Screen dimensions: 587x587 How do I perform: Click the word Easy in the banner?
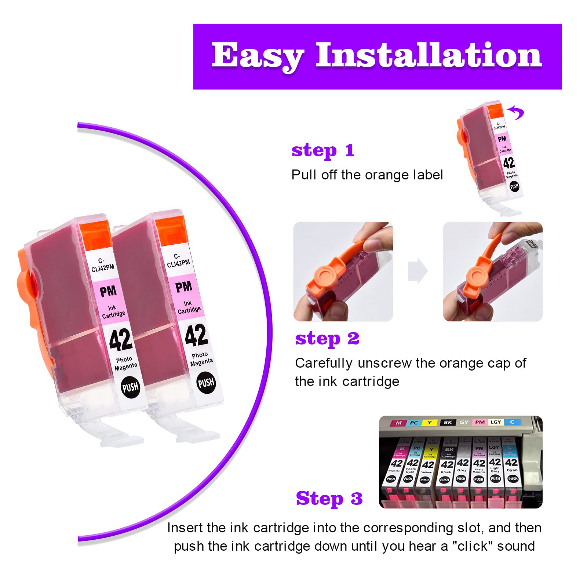[x=257, y=56]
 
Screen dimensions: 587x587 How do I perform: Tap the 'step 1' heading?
[x=323, y=150]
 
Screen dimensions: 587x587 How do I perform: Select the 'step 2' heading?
[x=327, y=339]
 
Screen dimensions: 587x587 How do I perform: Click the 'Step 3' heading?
[x=329, y=499]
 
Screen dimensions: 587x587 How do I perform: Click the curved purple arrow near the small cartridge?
[x=517, y=112]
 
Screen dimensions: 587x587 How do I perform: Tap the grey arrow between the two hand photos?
[x=418, y=271]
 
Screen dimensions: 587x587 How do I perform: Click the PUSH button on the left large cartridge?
[x=130, y=387]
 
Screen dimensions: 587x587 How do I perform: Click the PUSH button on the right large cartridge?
[x=206, y=383]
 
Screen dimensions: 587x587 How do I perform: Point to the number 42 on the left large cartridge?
[x=121, y=339]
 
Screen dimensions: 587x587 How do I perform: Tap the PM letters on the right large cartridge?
[x=183, y=287]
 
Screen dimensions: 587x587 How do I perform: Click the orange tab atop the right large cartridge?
[x=170, y=231]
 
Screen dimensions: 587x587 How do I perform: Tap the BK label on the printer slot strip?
[x=448, y=422]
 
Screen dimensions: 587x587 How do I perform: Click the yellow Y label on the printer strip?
[x=429, y=423]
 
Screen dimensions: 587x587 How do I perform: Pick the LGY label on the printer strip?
[x=496, y=422]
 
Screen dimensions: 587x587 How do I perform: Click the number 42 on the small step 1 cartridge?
[x=509, y=163]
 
